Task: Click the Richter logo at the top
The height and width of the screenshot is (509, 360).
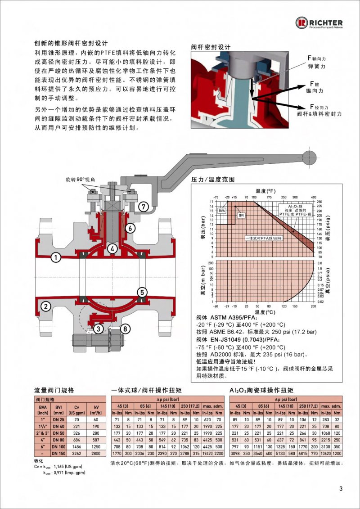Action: [x=319, y=23]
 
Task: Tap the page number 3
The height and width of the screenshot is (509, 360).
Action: [x=341, y=489]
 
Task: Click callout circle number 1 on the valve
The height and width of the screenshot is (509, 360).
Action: [x=55, y=258]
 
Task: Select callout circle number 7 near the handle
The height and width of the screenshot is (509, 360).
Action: [x=143, y=207]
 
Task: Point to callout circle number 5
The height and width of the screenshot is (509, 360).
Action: [x=142, y=292]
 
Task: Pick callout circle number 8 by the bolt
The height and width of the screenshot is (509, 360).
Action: [x=126, y=329]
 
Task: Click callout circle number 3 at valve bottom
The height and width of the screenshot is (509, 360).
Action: [x=98, y=329]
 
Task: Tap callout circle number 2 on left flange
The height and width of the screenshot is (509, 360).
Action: [x=45, y=306]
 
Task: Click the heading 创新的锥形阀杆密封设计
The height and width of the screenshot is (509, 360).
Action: [x=71, y=44]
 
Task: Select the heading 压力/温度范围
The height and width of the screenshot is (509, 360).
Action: [x=213, y=179]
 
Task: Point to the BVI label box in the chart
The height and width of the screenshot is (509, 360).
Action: [x=241, y=216]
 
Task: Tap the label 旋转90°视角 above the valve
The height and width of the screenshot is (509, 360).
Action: [x=80, y=179]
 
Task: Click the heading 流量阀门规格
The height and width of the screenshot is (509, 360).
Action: [x=54, y=390]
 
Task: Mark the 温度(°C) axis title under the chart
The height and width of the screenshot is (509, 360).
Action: [x=265, y=311]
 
